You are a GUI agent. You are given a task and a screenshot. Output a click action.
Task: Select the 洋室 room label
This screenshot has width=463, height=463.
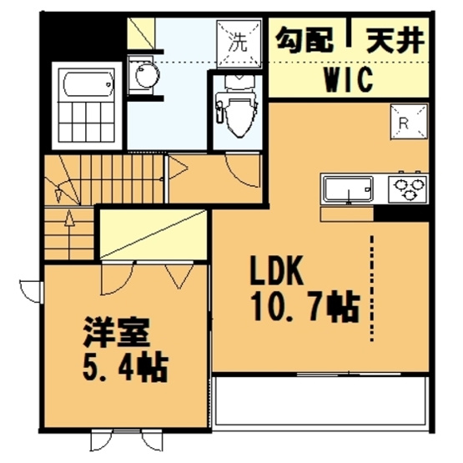(116, 332)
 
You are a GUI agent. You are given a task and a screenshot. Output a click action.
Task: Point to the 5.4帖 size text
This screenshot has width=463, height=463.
(125, 365)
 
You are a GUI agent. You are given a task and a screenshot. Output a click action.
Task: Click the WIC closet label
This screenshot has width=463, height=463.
(348, 82)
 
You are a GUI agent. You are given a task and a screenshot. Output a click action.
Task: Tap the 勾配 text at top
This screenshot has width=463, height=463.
(304, 38)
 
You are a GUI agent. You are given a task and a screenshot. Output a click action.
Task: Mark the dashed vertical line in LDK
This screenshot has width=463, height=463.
(372, 288)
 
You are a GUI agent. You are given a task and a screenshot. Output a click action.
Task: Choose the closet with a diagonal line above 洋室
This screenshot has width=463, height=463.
(153, 234)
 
